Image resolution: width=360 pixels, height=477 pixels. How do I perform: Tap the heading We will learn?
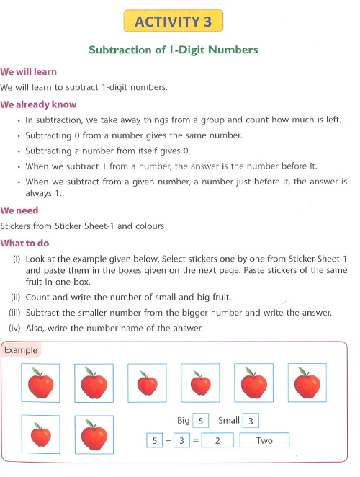(x=29, y=72)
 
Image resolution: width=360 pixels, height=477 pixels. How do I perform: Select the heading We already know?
(x=37, y=104)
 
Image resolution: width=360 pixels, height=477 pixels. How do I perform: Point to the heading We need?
(x=19, y=211)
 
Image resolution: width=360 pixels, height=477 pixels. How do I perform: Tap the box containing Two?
(x=264, y=440)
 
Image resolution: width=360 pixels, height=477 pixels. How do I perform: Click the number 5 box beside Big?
(x=202, y=420)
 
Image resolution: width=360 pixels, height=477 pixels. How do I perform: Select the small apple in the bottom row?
(x=40, y=434)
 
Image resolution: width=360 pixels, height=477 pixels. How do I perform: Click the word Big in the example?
(x=184, y=420)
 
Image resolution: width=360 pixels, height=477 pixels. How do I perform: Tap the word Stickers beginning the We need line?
(x=17, y=226)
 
